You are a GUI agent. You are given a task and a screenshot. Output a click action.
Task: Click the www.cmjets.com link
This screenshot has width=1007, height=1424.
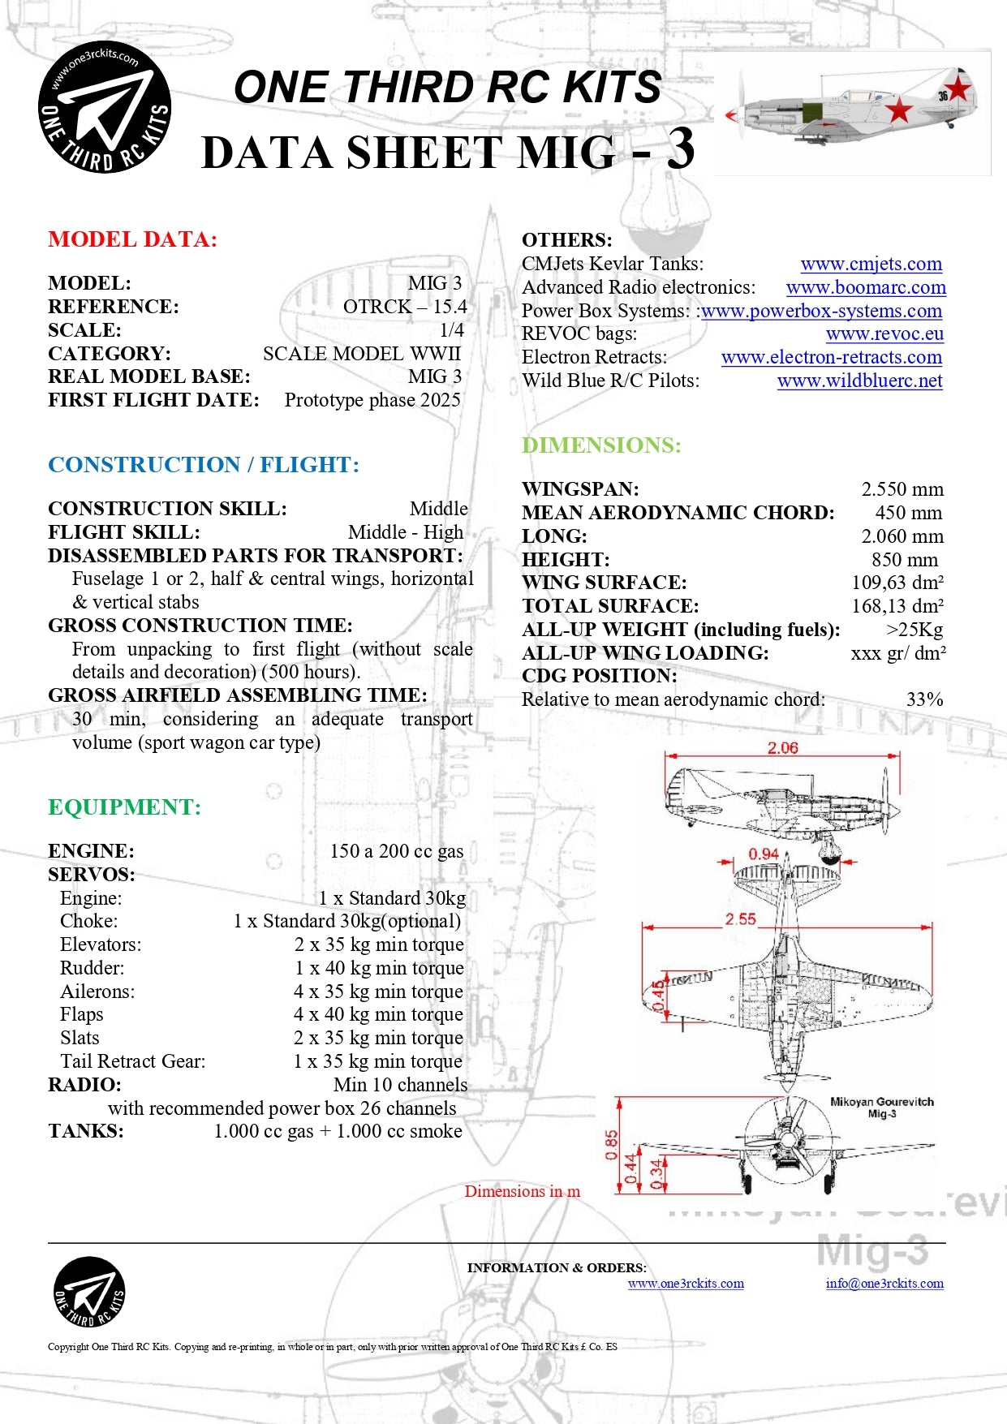871,264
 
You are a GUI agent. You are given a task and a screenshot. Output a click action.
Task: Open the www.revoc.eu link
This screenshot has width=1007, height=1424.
884,333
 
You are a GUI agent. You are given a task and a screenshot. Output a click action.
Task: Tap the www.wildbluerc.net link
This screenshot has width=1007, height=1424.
859,381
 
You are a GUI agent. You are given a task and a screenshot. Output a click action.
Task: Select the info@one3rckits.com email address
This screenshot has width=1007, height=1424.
884,1283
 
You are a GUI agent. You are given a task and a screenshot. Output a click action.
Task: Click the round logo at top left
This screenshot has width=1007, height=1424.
105,108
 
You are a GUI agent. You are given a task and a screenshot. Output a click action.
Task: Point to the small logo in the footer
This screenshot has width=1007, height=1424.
89,1292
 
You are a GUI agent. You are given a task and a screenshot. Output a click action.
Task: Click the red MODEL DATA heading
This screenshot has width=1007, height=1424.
132,239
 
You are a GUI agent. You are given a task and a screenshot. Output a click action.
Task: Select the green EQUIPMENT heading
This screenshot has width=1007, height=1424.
124,807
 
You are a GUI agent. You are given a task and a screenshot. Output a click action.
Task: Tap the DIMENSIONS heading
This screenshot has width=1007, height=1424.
601,445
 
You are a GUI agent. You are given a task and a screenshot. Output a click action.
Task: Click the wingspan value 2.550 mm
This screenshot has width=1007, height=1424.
902,489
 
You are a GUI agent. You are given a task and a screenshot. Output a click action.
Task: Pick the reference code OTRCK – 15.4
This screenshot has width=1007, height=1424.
405,307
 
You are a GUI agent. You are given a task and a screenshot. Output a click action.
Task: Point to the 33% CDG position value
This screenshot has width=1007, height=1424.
924,699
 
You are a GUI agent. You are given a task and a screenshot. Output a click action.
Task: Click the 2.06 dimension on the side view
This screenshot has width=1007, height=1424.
782,747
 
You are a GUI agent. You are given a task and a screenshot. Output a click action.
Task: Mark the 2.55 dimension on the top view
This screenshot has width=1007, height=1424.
740,919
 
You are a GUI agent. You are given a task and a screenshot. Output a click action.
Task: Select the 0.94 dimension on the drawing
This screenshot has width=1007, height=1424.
763,854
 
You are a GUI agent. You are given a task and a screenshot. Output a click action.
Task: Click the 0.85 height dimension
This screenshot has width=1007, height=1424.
612,1145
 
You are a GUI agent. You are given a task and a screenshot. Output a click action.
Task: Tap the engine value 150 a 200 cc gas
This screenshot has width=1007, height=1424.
396,851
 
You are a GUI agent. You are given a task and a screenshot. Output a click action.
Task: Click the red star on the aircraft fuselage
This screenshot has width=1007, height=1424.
899,109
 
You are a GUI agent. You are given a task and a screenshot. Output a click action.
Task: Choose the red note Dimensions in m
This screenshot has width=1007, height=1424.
522,1191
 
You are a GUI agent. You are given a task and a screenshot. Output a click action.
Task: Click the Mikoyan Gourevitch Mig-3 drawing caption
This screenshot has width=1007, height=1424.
881,1107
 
